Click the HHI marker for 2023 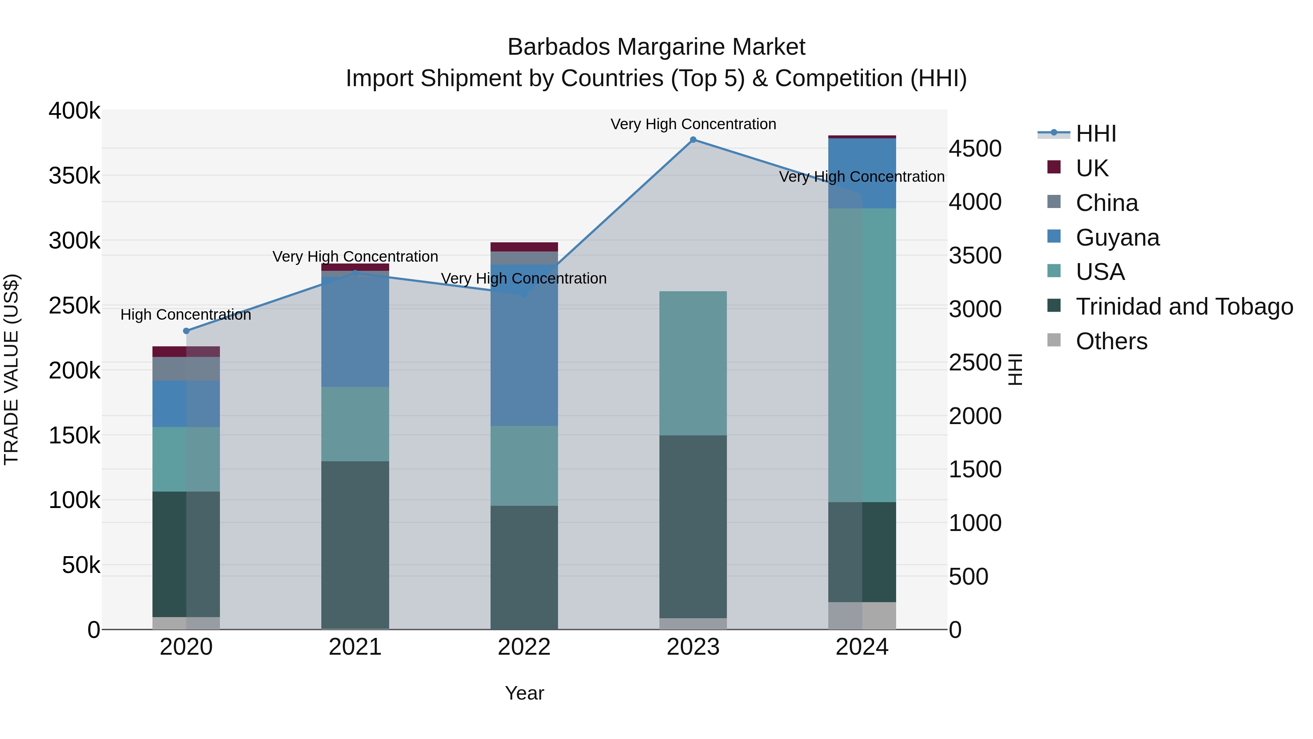693,140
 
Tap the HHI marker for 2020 186,331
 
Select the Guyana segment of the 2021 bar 355,331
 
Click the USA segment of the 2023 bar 693,363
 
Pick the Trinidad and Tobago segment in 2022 524,567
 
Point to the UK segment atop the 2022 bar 524,247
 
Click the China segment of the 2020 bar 186,369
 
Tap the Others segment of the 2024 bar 862,616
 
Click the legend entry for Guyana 1117,238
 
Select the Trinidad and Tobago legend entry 1184,307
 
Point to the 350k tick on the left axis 74,176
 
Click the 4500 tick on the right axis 975,149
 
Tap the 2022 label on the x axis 524,647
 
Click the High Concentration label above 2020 186,315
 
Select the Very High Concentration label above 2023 693,124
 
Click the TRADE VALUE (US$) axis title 11,369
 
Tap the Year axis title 524,693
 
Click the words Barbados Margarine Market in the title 656,47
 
